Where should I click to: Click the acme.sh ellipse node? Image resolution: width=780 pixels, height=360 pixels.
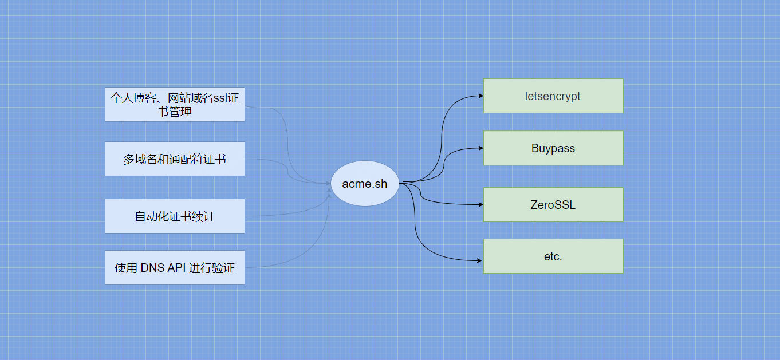(365, 183)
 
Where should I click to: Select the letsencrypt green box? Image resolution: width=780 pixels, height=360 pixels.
(553, 96)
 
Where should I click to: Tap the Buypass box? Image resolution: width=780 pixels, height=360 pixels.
(553, 148)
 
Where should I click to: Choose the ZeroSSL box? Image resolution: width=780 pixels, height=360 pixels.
(553, 204)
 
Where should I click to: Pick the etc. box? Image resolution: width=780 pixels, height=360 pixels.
(553, 256)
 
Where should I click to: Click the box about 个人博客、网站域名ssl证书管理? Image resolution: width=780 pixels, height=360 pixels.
(175, 105)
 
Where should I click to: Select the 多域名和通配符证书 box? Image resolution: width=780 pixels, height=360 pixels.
(175, 159)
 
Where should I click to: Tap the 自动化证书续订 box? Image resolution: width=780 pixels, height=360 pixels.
(175, 216)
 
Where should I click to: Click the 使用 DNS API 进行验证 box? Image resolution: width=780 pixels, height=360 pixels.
(175, 267)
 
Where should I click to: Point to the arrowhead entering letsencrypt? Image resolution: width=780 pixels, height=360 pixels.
(480, 96)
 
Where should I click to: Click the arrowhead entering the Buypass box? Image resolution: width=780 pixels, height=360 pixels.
(480, 148)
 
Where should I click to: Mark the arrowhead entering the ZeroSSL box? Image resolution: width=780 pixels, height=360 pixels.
(480, 204)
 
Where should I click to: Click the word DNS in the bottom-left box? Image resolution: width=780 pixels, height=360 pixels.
(152, 267)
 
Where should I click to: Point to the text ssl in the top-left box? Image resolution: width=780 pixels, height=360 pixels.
(220, 98)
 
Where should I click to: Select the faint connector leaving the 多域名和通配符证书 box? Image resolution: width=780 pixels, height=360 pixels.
(269, 160)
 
